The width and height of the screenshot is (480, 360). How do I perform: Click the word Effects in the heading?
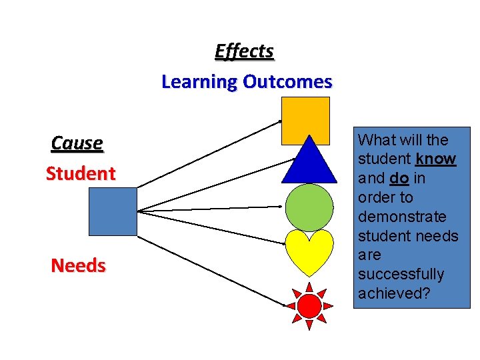pyautogui.click(x=244, y=51)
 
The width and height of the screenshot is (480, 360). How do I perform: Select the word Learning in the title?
pyautogui.click(x=199, y=82)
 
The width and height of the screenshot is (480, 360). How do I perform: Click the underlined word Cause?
pyautogui.click(x=77, y=143)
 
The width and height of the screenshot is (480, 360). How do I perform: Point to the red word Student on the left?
pyautogui.click(x=81, y=174)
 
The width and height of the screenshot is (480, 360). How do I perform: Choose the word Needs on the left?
pyautogui.click(x=79, y=266)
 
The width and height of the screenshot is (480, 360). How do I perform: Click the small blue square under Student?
pyautogui.click(x=113, y=211)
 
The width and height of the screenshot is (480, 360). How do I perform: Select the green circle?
pyautogui.click(x=309, y=207)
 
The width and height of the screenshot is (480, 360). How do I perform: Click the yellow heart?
pyautogui.click(x=309, y=251)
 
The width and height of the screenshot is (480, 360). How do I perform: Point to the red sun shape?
pyautogui.click(x=309, y=306)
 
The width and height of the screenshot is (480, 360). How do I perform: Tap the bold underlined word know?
pyautogui.click(x=435, y=159)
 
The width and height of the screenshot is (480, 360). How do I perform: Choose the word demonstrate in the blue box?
pyautogui.click(x=402, y=217)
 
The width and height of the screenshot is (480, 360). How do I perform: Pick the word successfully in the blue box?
pyautogui.click(x=401, y=274)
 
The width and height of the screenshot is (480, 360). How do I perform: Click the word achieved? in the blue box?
pyautogui.click(x=394, y=293)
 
